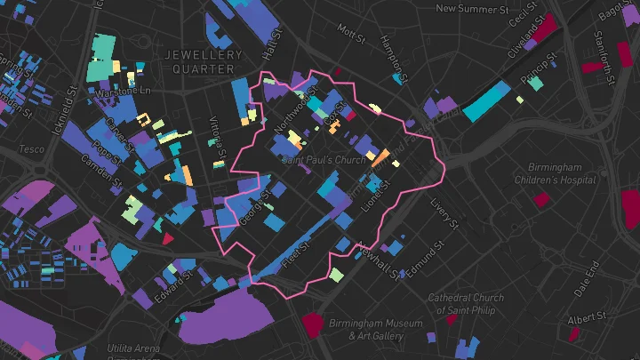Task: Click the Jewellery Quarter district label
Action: pos(204,61)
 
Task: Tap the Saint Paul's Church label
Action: pos(324,161)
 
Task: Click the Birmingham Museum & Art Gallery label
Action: pos(363,330)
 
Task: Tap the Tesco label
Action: pos(31,149)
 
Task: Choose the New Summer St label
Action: pos(471,9)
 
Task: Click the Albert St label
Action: pos(587,316)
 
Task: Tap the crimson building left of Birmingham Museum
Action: pos(312,325)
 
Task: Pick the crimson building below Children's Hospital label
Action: pos(540,200)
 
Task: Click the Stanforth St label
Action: pos(604,53)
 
